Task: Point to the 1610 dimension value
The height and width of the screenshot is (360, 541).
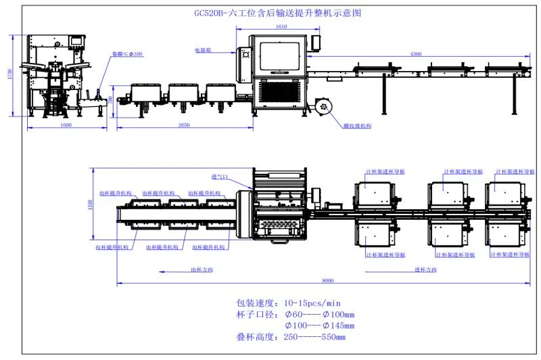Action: (281, 26)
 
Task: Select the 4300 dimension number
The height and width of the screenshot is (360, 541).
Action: (416, 53)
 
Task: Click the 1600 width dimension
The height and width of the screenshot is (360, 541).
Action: (66, 126)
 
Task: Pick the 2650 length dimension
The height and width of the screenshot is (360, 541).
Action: (179, 126)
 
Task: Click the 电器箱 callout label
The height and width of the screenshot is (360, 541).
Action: (204, 50)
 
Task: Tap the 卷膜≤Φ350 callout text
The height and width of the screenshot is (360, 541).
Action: (128, 53)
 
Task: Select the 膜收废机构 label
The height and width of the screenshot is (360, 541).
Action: (356, 126)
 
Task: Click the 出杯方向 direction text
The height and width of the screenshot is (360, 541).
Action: (199, 269)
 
